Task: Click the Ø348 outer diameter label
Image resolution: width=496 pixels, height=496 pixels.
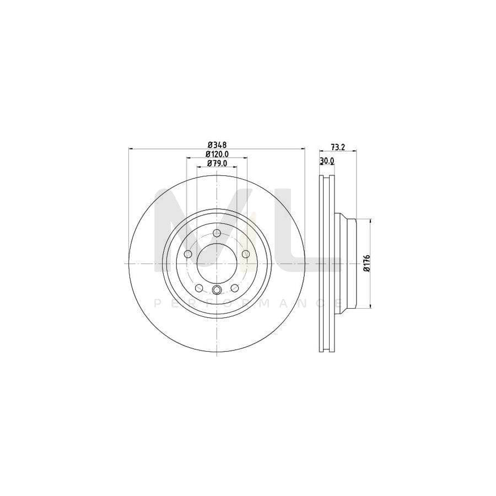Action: click(217, 144)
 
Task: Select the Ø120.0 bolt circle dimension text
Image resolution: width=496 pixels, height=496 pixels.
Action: click(217, 154)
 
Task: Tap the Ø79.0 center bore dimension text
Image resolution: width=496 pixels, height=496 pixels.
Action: click(217, 163)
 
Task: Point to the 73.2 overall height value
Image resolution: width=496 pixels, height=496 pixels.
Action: click(338, 147)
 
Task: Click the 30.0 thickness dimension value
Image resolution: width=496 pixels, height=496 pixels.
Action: click(327, 161)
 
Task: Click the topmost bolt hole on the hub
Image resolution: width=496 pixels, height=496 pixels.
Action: click(217, 233)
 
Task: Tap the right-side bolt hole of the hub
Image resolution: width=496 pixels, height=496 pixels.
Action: click(246, 254)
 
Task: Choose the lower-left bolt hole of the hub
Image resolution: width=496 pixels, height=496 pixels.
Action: click(198, 288)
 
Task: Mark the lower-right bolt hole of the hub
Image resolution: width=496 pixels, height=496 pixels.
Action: click(235, 288)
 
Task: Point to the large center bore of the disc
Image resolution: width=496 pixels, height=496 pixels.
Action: click(217, 263)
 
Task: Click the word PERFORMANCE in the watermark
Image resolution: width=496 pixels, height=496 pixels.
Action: click(248, 304)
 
